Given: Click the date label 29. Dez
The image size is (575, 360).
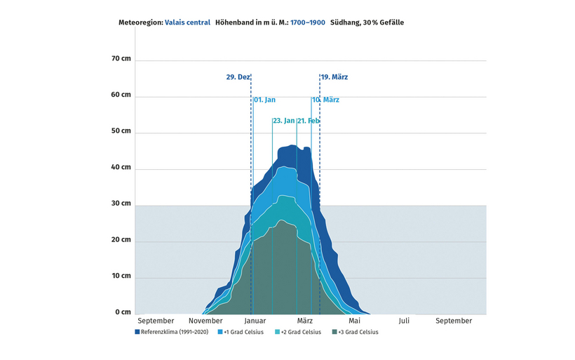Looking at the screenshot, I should click(x=238, y=76).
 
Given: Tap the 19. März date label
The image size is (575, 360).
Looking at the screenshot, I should click(x=334, y=76).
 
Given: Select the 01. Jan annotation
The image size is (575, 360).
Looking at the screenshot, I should click(x=264, y=100).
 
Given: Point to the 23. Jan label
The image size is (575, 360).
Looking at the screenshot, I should click(x=283, y=121).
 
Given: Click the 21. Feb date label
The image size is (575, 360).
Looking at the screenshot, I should click(x=309, y=121).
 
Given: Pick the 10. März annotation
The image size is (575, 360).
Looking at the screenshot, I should click(x=326, y=100).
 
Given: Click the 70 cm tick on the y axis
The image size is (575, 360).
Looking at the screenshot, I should click(x=121, y=59).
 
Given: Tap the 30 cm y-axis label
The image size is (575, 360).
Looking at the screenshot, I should click(x=121, y=204).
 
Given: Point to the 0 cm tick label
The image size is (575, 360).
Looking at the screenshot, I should click(x=123, y=312).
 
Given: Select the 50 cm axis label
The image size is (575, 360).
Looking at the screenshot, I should click(x=121, y=131).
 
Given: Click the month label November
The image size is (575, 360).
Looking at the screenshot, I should click(x=205, y=321).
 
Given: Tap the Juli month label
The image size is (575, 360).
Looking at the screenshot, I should click(x=404, y=321).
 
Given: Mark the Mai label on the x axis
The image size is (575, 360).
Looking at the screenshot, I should click(x=354, y=321).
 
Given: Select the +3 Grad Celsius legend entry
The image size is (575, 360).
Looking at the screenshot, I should click(x=358, y=332).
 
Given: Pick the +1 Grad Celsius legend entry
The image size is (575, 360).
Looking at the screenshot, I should click(x=244, y=332).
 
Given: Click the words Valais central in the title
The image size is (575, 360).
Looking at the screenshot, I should click(x=187, y=22).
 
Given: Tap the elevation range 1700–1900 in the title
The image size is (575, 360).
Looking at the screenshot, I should click(x=307, y=22).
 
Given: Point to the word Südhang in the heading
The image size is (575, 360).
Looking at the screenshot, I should click(x=344, y=22).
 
